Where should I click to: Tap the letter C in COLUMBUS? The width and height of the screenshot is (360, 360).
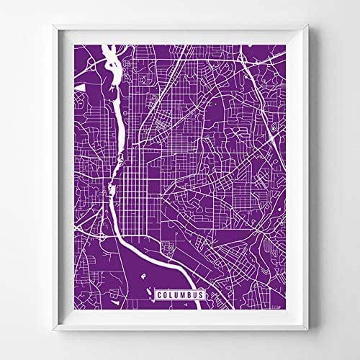coord(157,294)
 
